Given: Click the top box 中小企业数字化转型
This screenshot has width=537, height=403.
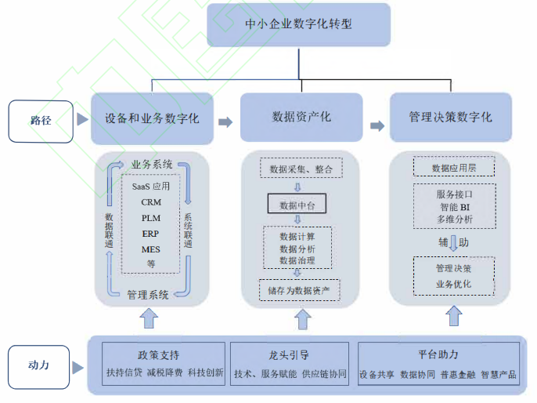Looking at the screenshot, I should [298, 24].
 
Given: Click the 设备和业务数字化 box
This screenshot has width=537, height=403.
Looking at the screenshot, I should [152, 118].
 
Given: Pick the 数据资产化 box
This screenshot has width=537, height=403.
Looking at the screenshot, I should [301, 118].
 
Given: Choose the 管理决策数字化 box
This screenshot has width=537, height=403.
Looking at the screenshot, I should [450, 118].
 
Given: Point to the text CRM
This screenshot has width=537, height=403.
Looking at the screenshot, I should [151, 202].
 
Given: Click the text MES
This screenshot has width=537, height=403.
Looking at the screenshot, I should [151, 249].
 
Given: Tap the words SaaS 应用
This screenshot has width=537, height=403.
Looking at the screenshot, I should [151, 187].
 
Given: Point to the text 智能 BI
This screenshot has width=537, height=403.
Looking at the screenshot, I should [454, 207].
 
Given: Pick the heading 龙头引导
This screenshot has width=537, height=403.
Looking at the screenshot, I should [290, 354].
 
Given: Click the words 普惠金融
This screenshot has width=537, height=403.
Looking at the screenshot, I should [456, 374].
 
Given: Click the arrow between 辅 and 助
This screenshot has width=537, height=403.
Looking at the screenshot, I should [453, 243].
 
